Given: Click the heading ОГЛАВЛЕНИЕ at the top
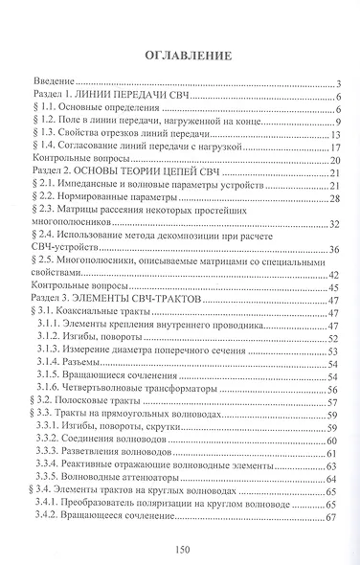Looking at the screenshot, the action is [x=180, y=54].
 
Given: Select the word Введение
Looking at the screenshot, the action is [x=56, y=84].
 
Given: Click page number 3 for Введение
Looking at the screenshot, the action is [x=339, y=84].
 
